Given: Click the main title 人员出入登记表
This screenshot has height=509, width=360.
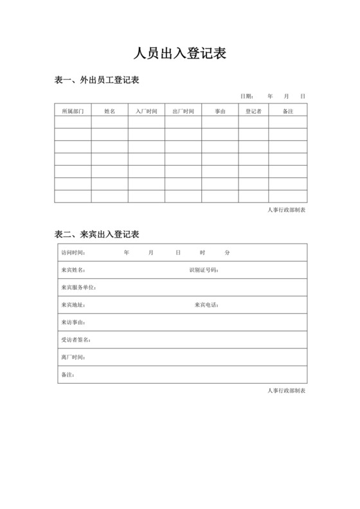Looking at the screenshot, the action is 179,53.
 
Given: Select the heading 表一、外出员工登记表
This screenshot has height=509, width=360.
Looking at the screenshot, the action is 97,80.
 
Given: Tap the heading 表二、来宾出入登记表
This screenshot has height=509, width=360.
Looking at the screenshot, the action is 97,233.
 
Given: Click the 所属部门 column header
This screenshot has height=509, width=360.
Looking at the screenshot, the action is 73,111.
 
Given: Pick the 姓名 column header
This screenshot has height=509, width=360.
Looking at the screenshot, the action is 109,111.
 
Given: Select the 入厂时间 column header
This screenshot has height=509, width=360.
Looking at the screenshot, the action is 146,111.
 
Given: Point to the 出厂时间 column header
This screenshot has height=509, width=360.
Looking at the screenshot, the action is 183,111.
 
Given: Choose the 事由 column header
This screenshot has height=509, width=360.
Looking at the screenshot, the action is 220,111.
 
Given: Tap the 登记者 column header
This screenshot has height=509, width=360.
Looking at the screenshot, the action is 253,111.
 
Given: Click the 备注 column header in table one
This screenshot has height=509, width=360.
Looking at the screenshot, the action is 288,111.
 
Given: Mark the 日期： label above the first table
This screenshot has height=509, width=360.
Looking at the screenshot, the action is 248,96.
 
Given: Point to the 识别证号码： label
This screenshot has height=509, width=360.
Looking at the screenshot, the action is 204,270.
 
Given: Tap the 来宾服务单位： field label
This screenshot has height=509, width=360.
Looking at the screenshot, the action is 78,287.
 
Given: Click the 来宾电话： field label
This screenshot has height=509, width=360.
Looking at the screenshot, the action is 207,305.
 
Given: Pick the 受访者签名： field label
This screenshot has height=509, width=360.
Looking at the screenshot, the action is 76,339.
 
